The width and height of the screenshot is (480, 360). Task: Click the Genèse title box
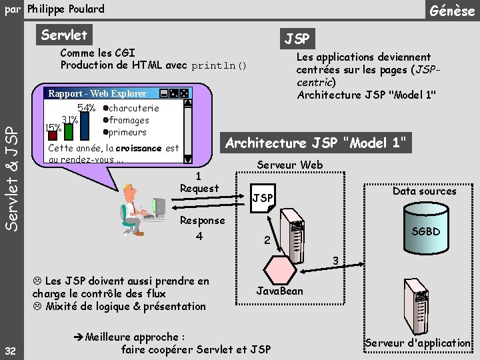(x=452, y=11)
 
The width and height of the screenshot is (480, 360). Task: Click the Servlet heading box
(x=63, y=35)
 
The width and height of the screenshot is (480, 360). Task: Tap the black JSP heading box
(x=297, y=39)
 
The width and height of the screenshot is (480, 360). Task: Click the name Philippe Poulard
(x=66, y=9)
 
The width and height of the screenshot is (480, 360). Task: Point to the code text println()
(x=219, y=66)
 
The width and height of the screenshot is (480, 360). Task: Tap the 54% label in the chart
(x=87, y=108)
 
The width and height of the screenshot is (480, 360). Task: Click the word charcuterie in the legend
(x=133, y=108)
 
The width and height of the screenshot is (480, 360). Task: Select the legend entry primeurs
(x=127, y=132)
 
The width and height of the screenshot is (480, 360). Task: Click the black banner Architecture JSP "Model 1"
(x=315, y=143)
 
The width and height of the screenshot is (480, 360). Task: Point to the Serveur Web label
(x=289, y=165)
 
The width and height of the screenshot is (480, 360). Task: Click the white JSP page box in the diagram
(x=263, y=199)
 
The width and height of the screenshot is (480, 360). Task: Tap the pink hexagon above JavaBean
(x=279, y=267)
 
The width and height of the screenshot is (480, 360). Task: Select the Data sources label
(x=424, y=191)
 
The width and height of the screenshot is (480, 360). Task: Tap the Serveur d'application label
(x=418, y=343)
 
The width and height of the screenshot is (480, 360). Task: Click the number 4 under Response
(x=199, y=236)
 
